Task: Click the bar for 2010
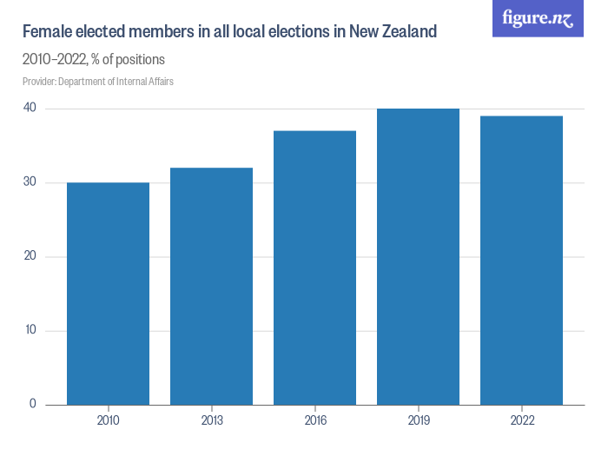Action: [109, 294]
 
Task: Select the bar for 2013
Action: [212, 286]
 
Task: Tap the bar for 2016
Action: [315, 268]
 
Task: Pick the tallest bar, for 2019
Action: [419, 256]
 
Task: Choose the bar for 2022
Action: [522, 260]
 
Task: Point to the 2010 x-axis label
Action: [109, 420]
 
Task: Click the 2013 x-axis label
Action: [212, 420]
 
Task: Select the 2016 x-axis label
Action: [315, 420]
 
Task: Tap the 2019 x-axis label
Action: [419, 420]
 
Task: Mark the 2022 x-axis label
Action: [522, 420]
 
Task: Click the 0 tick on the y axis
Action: [31, 404]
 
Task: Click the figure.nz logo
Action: [538, 18]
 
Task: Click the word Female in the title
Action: [48, 33]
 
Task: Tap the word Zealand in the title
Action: [406, 33]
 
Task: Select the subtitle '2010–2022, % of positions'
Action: [94, 60]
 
